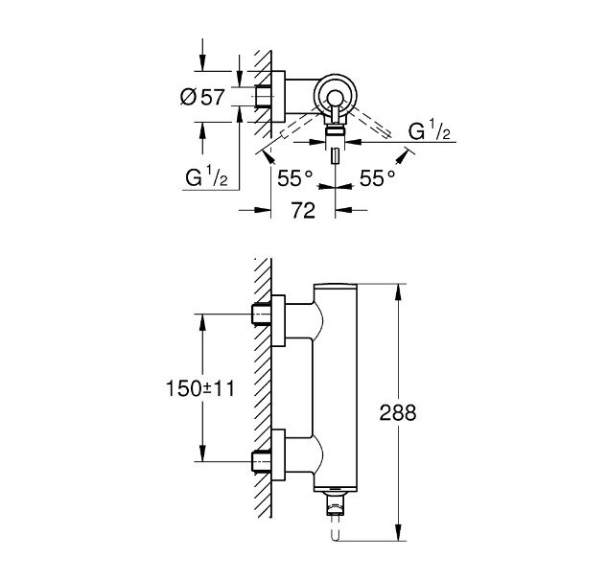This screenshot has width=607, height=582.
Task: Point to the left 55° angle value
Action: click(294, 177)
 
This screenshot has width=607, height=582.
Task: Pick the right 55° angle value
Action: click(378, 177)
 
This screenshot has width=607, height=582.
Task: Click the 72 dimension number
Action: click(303, 212)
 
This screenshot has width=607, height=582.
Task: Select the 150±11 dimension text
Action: click(198, 388)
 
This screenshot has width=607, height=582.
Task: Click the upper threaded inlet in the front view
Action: click(261, 314)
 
